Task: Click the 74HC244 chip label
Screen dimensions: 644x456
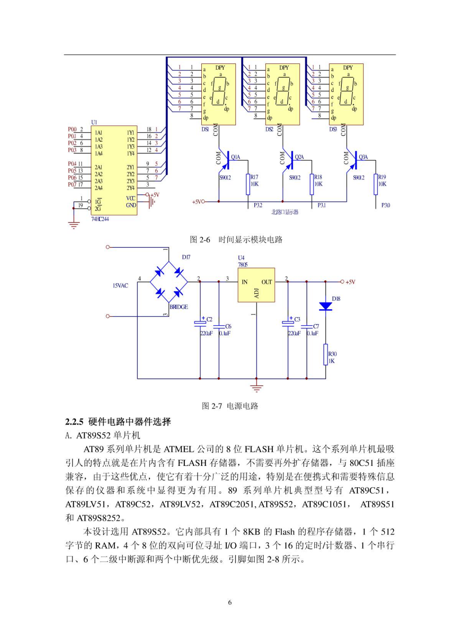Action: tap(100, 219)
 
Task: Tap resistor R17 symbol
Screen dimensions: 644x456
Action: tap(248, 184)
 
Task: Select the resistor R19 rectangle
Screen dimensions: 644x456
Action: tap(376, 184)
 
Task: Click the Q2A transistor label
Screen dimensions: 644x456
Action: tap(299, 157)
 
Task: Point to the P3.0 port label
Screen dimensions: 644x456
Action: tap(385, 206)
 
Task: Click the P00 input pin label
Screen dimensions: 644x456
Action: tap(72, 129)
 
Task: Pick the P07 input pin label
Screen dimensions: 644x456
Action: tap(72, 185)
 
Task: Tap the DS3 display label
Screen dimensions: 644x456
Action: tap(333, 129)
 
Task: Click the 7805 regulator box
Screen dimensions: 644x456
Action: tap(256, 285)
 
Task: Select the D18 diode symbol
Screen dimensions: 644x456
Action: tap(326, 306)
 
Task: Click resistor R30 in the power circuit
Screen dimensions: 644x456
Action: tap(326, 354)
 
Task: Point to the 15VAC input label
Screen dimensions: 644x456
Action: tap(121, 286)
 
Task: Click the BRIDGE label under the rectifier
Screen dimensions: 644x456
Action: tap(179, 307)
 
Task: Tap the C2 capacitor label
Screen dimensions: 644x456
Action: tap(209, 319)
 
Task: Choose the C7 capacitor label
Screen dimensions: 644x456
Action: tap(316, 326)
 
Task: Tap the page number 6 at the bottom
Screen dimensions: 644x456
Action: tap(230, 603)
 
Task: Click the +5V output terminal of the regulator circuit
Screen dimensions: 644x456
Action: tap(342, 282)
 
